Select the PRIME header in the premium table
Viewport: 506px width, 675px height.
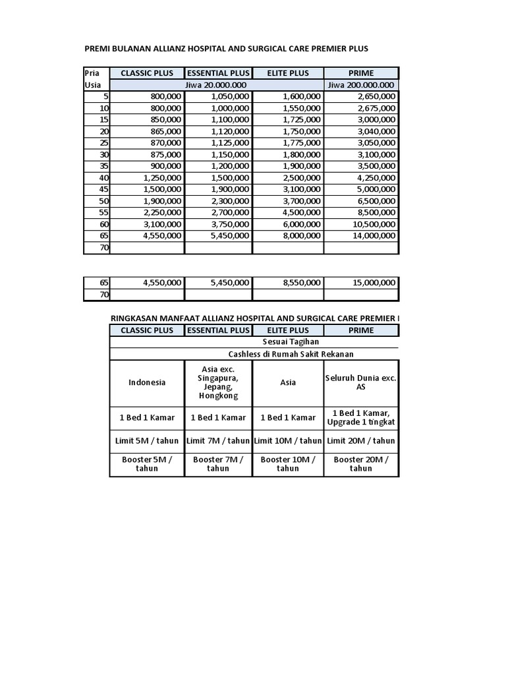click(361, 73)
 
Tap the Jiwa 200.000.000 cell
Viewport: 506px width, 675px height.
click(361, 85)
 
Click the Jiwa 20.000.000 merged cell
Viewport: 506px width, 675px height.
click(217, 85)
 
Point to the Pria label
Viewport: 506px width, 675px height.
click(92, 73)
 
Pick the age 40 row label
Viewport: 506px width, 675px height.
click(103, 177)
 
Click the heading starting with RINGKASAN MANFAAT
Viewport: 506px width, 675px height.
click(254, 318)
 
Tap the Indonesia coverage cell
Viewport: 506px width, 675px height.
click(147, 382)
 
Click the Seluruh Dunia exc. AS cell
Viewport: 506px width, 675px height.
click(360, 382)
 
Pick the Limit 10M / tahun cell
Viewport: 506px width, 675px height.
click(288, 441)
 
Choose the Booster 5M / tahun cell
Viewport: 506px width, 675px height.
click(147, 464)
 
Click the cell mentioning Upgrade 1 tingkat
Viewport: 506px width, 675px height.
click(360, 417)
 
